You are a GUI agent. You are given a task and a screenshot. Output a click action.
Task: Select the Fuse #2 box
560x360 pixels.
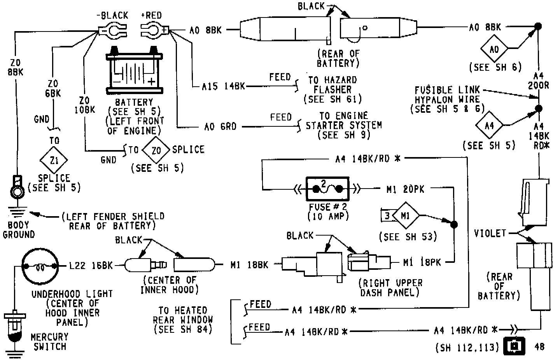tap(327, 189)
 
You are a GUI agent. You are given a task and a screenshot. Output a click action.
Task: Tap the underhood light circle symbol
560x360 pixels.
tap(40, 267)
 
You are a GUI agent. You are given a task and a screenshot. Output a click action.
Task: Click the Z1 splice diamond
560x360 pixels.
tap(54, 160)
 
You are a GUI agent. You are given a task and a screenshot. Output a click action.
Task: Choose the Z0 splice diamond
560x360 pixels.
tap(156, 150)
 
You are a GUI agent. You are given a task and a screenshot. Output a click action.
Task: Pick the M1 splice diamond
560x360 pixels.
tap(406, 215)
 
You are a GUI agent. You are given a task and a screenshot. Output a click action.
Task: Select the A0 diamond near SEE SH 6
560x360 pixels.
tap(494, 49)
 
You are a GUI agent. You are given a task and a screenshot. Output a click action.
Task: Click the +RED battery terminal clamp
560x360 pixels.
tap(154, 30)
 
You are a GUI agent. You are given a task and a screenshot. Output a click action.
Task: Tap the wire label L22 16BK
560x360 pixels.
tap(91, 266)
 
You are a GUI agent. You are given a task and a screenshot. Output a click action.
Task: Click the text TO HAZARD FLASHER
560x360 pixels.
tap(332, 85)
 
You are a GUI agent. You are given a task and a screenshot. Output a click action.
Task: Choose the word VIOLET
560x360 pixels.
tap(490, 233)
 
